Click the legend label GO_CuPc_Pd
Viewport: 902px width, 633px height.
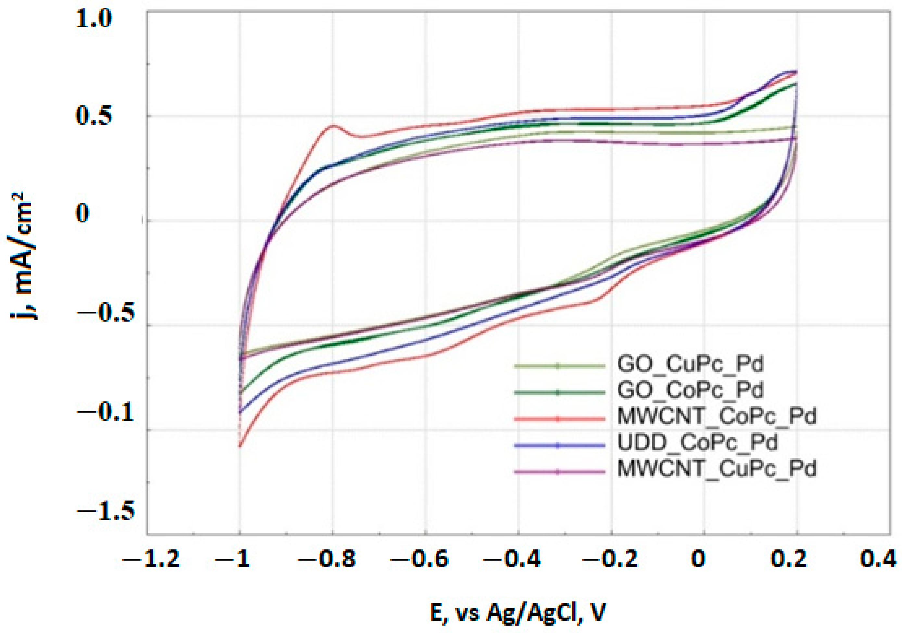690,364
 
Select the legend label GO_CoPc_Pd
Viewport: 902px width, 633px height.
690,390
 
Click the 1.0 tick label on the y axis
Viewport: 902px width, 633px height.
94,19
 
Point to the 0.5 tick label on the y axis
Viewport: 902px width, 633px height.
94,117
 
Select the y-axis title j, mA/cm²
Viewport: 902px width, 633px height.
24,256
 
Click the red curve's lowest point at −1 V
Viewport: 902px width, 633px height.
240,447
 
